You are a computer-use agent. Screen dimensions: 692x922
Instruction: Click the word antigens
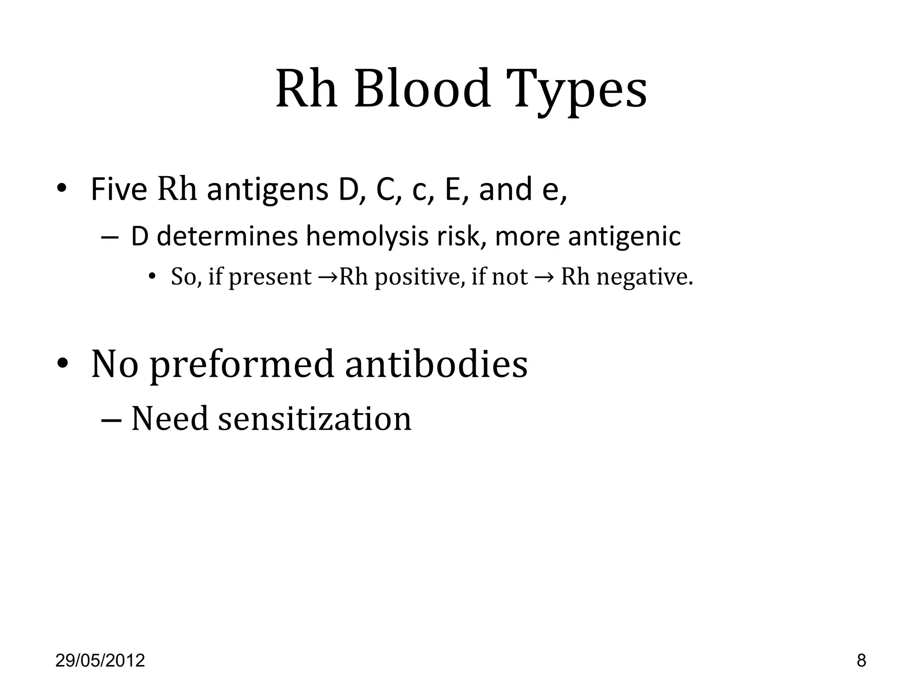tap(267, 190)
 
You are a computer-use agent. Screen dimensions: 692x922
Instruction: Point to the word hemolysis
tap(367, 236)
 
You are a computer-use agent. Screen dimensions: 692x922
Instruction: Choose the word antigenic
tap(624, 236)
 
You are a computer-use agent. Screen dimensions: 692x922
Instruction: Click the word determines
tap(227, 236)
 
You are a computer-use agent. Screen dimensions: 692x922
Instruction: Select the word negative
tap(645, 277)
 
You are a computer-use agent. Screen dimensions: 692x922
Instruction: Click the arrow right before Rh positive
tap(328, 277)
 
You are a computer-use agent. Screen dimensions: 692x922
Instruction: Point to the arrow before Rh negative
tap(544, 277)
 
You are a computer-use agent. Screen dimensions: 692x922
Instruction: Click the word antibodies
tap(436, 364)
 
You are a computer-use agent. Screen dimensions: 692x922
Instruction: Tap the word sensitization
tap(315, 419)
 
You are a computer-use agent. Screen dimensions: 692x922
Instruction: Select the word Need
tap(170, 419)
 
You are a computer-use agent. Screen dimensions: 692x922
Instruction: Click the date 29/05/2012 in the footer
tap(100, 661)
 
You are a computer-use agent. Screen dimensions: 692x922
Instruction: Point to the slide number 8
tap(861, 661)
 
